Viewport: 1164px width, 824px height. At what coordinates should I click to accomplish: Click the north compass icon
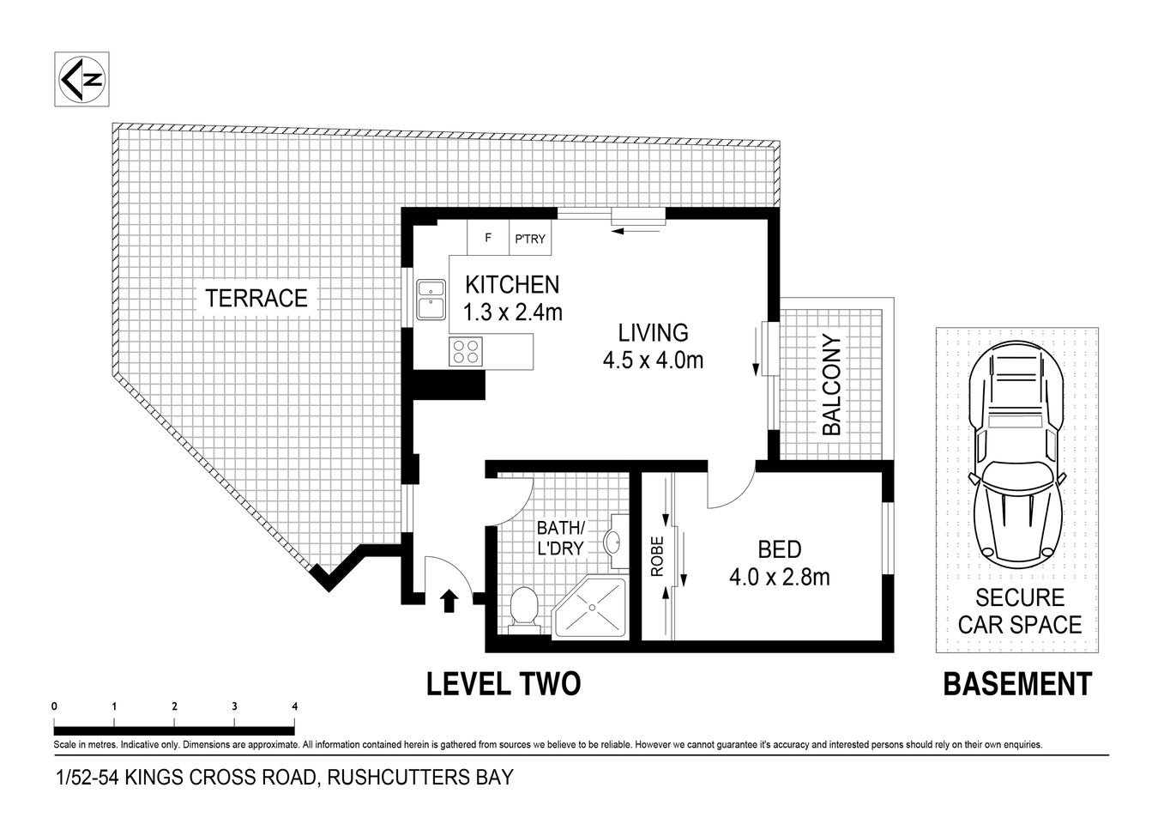(x=81, y=80)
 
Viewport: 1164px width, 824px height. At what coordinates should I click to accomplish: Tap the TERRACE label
(x=256, y=298)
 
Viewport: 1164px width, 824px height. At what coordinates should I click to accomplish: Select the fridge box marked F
(x=488, y=239)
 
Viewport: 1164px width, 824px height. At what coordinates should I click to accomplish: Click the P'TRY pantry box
(x=529, y=239)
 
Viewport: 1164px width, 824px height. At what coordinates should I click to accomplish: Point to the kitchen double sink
(x=429, y=300)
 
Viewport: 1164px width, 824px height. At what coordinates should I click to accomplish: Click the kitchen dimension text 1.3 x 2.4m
(x=512, y=312)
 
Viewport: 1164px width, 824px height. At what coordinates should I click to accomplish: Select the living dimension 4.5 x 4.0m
(x=653, y=360)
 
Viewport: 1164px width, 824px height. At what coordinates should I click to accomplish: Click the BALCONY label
(x=831, y=385)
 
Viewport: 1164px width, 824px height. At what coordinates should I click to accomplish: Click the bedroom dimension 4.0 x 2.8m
(x=779, y=577)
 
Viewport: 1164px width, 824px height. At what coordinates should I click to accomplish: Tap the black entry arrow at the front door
(x=448, y=601)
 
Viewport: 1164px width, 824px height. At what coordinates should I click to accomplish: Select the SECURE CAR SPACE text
(x=1020, y=611)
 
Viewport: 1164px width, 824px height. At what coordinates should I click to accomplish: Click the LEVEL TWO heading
(x=504, y=684)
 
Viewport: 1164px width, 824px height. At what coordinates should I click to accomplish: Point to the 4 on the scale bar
(x=294, y=706)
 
